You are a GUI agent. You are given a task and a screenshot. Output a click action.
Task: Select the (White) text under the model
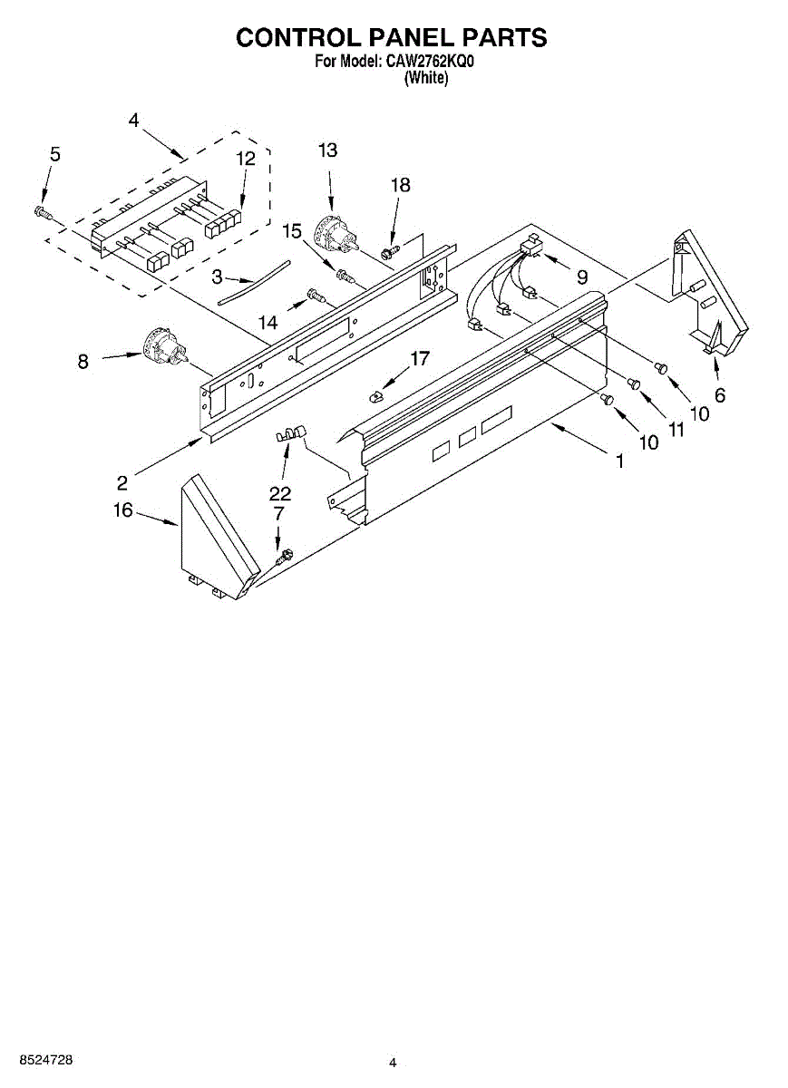pyautogui.click(x=425, y=78)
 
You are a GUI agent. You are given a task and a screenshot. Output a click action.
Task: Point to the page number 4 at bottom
pyautogui.click(x=393, y=1063)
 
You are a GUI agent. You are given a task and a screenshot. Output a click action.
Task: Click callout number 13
pyautogui.click(x=327, y=151)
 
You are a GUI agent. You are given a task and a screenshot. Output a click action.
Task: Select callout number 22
pyautogui.click(x=280, y=493)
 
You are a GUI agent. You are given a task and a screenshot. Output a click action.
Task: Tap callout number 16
pyautogui.click(x=123, y=510)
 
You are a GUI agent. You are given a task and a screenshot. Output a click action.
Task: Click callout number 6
pyautogui.click(x=719, y=395)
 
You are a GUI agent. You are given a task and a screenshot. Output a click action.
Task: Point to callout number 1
pyautogui.click(x=620, y=461)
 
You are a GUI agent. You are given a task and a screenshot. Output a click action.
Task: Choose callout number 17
pyautogui.click(x=419, y=359)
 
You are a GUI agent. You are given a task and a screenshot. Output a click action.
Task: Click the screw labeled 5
pyautogui.click(x=41, y=212)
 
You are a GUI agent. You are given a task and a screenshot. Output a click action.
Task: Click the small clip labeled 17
pyautogui.click(x=377, y=395)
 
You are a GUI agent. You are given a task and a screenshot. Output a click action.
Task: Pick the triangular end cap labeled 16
pyautogui.click(x=215, y=538)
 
